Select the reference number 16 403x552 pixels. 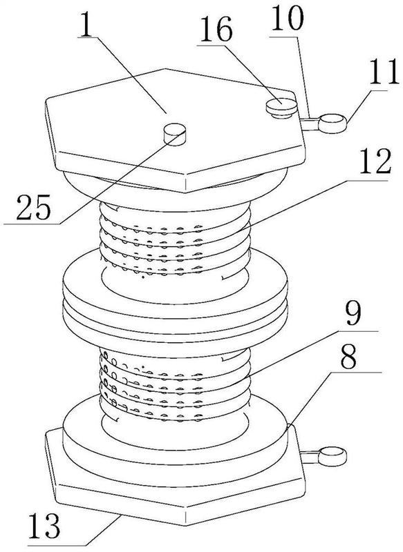pos(216,29)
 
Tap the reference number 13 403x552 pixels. pos(44,526)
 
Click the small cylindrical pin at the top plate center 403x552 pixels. pos(174,134)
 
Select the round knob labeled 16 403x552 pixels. pos(282,108)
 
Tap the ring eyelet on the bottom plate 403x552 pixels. pos(332,456)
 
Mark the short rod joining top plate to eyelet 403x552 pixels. pos(310,124)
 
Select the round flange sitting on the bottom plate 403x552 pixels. pos(175,429)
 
